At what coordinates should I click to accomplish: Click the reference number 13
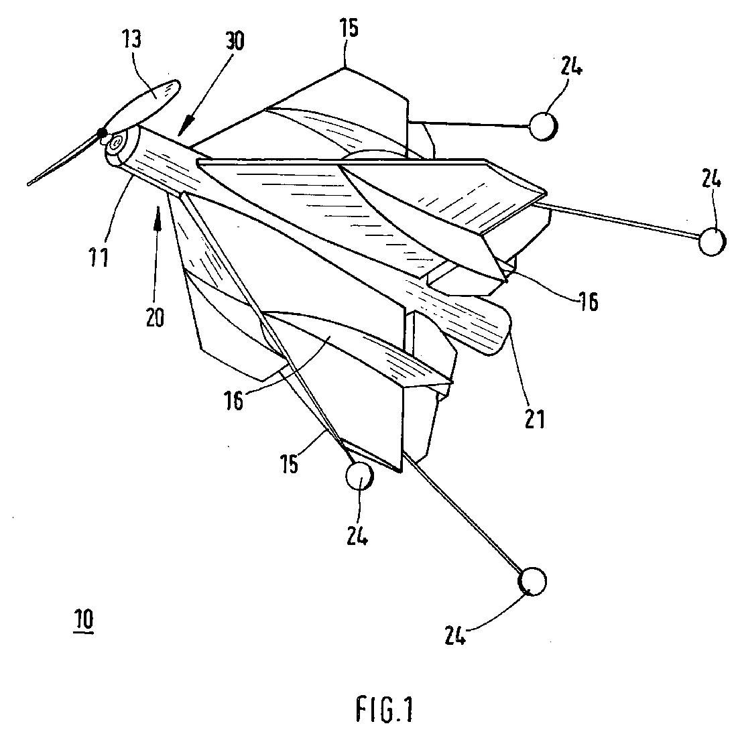pyautogui.click(x=132, y=39)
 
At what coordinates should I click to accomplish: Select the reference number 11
pyautogui.click(x=99, y=257)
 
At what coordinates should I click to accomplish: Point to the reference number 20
pyautogui.click(x=155, y=317)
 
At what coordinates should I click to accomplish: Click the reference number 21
pyautogui.click(x=535, y=419)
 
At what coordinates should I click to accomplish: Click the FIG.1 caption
pyautogui.click(x=385, y=709)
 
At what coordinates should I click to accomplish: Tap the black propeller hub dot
pyautogui.click(x=102, y=135)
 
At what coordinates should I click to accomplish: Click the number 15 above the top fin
pyautogui.click(x=348, y=28)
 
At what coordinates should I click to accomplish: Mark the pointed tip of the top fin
pyautogui.click(x=345, y=68)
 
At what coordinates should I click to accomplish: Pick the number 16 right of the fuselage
pyautogui.click(x=589, y=302)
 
